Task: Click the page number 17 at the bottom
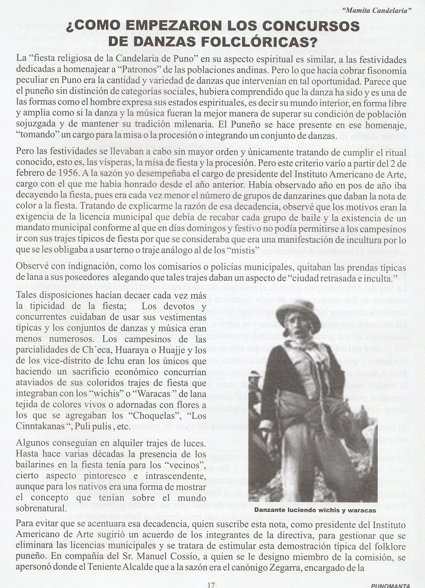point(211,584)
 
